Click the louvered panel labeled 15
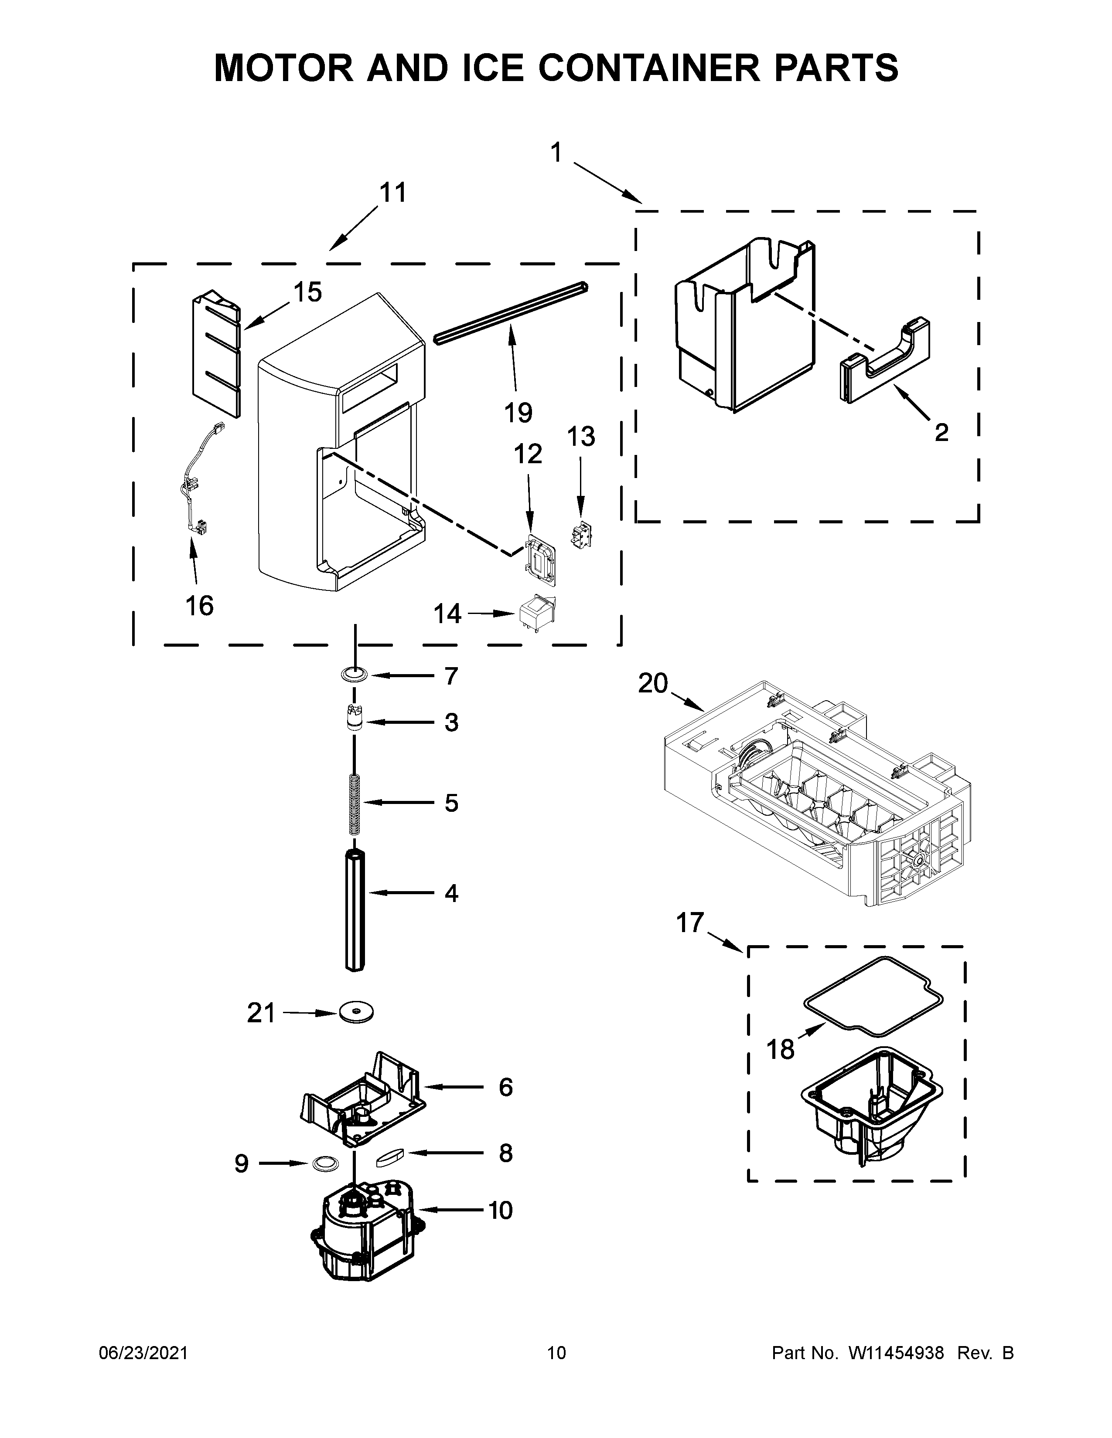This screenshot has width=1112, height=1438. [215, 356]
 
